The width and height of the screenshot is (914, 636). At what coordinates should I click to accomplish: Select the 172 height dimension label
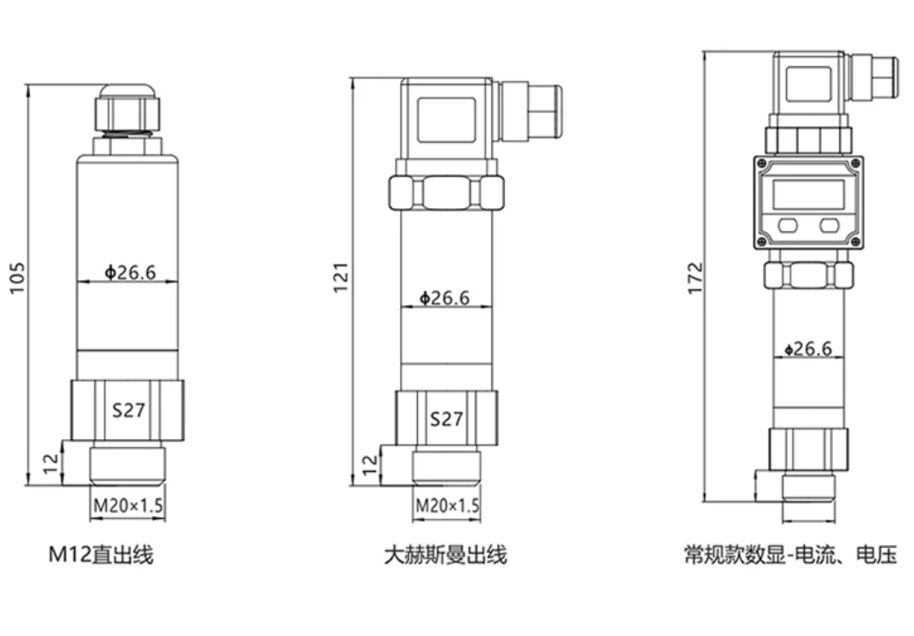695,278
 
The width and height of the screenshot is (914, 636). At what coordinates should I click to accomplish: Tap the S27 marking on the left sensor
128,409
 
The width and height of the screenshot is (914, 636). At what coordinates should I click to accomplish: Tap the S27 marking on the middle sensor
446,418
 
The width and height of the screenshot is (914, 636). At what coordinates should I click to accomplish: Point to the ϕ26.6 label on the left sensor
130,272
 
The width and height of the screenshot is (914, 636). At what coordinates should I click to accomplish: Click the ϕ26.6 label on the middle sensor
444,298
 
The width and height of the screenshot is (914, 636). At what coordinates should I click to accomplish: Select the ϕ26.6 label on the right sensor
807,348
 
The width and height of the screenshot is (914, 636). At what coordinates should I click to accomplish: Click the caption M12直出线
100,555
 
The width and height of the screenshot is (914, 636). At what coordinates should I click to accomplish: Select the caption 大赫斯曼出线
445,555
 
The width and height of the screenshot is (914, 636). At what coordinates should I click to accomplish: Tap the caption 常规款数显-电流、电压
790,555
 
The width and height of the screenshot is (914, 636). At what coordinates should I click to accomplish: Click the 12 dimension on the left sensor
51,460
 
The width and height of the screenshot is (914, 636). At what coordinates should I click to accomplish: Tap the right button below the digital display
829,225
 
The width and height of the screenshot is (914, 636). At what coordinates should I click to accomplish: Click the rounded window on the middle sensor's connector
446,119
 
